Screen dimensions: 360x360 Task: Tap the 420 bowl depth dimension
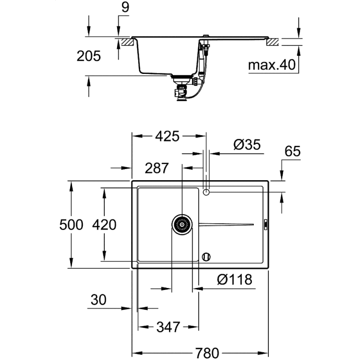pyautogui.click(x=104, y=225)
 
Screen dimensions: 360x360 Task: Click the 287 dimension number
pyautogui.click(x=157, y=168)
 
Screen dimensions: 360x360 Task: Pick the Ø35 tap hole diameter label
pyautogui.click(x=247, y=145)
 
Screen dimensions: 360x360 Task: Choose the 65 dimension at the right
pyautogui.click(x=292, y=151)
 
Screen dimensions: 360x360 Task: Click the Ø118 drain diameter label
pyautogui.click(x=235, y=280)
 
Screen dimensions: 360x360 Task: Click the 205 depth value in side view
pyautogui.click(x=89, y=56)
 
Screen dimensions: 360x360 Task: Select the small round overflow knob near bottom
pyautogui.click(x=206, y=256)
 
